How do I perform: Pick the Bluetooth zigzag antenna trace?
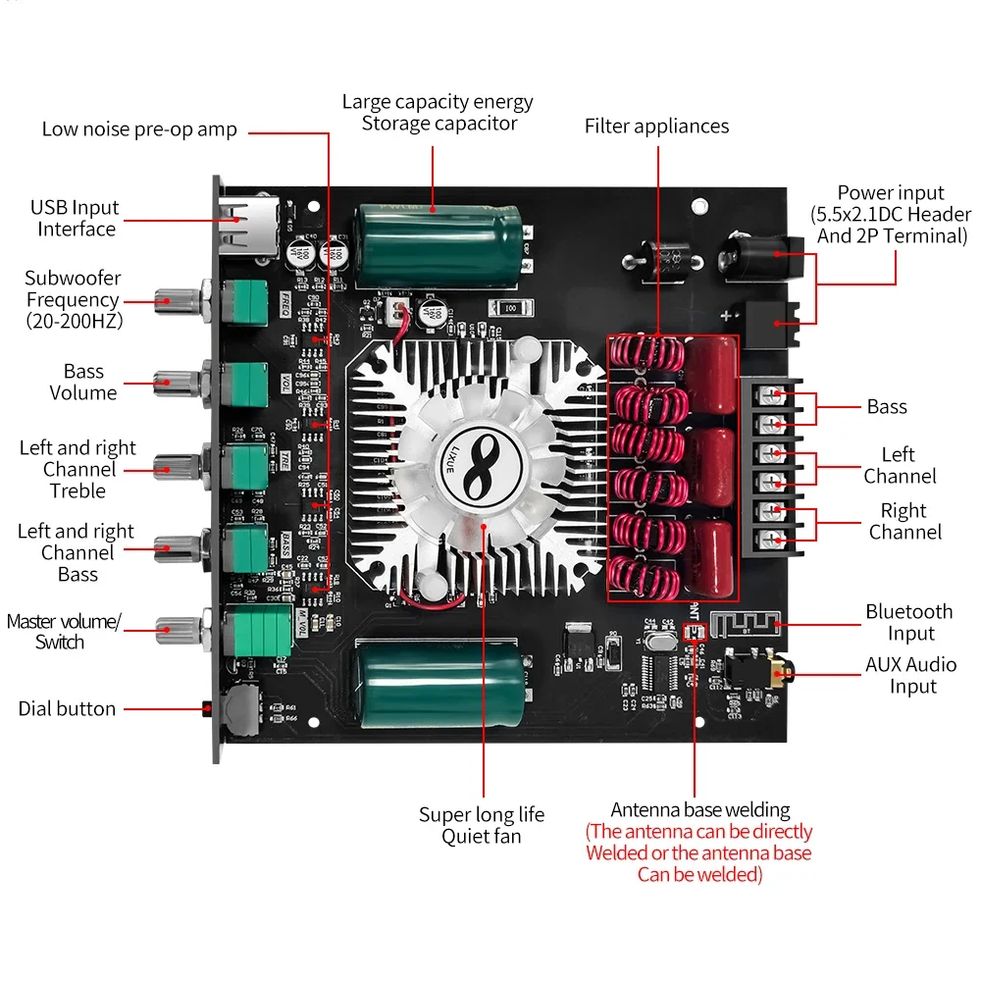point(746,623)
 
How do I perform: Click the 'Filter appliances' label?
point(656,126)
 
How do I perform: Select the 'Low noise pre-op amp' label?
point(139,129)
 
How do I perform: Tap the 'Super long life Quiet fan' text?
point(481,825)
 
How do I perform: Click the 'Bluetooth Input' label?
point(908,623)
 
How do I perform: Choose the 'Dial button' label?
point(67,708)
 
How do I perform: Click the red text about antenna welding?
point(698,852)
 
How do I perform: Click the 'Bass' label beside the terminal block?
point(887,406)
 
